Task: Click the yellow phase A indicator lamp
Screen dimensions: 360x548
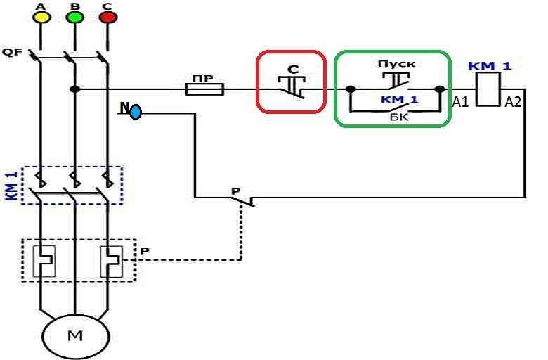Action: coord(40,16)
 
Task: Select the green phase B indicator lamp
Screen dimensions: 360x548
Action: coord(74,16)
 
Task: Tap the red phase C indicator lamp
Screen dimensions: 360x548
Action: coord(107,16)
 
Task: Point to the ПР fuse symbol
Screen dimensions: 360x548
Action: coord(204,89)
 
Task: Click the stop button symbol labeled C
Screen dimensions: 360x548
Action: coord(290,84)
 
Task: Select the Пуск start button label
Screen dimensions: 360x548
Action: coord(396,64)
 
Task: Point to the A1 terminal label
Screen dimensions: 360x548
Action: coord(460,102)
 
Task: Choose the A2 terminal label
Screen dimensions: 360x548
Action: coord(513,102)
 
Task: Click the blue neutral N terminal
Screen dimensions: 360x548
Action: coord(136,110)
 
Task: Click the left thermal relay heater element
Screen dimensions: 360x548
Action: coord(40,261)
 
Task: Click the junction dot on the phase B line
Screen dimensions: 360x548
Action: coord(74,89)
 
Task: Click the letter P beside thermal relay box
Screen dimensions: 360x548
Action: coord(145,250)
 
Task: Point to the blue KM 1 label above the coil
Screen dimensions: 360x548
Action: coord(490,67)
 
